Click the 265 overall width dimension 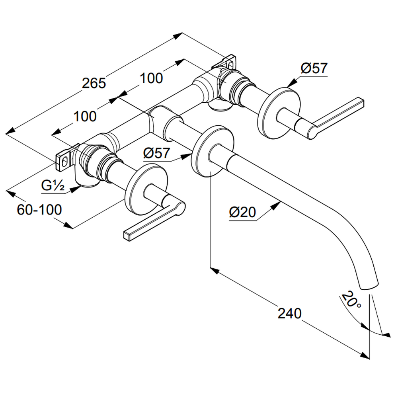tap(94, 83)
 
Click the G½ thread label tap(53, 185)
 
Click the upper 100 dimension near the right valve tap(151, 78)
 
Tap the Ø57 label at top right tap(314, 68)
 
